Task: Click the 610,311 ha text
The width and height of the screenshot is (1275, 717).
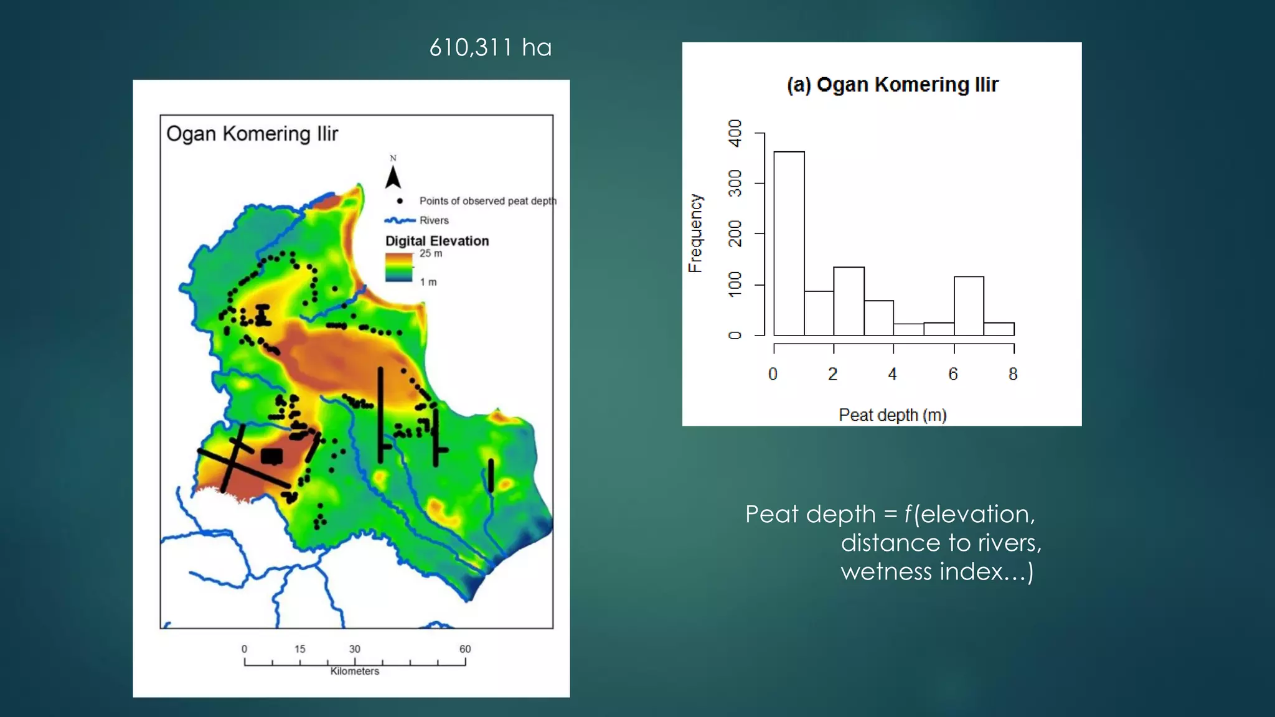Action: pos(491,48)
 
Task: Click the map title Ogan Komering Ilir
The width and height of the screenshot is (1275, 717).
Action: pos(252,134)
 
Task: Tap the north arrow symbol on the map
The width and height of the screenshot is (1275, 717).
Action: pos(393,177)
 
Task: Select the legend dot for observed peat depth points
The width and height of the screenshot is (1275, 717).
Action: pos(400,201)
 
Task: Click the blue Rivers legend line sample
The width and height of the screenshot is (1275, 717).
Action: pos(400,220)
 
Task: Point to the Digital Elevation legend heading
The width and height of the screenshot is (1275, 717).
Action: pos(437,241)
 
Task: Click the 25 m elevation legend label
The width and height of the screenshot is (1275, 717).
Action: pos(431,253)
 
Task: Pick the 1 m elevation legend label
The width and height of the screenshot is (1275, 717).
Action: pos(428,282)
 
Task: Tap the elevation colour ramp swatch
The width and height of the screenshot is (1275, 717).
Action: pos(399,268)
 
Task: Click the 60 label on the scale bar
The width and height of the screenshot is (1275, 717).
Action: pos(465,649)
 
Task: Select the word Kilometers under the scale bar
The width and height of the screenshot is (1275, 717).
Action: pos(354,671)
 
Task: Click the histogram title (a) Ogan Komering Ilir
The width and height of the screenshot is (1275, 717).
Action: pos(892,85)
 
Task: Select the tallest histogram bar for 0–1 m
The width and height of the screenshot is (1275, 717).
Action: pos(789,243)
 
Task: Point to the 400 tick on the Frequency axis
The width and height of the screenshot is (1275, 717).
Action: pos(735,133)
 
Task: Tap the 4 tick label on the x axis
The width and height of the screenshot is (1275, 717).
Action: pos(892,374)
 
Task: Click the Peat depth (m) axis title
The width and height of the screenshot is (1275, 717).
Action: pos(892,415)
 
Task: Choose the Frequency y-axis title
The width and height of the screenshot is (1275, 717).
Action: pos(695,233)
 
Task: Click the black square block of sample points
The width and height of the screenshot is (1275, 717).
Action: pos(271,456)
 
